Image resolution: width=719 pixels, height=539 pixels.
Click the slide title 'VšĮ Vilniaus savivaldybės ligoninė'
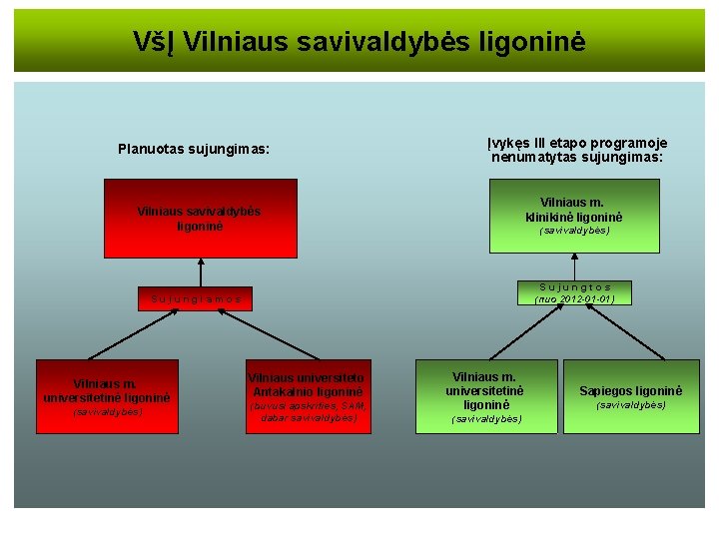click(359, 42)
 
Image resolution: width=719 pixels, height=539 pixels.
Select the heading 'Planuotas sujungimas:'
click(194, 150)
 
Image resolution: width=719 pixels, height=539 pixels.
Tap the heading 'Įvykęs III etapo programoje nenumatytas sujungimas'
click(577, 150)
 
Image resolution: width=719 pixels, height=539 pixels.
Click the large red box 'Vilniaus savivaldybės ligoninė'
click(201, 219)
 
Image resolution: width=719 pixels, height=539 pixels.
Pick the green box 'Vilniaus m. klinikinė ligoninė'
click(574, 216)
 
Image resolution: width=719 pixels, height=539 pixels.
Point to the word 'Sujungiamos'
click(197, 297)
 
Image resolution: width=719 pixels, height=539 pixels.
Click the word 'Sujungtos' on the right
click(574, 286)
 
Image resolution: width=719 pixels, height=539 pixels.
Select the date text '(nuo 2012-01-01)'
click(574, 298)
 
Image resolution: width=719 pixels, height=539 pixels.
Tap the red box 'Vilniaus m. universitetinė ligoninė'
click(107, 395)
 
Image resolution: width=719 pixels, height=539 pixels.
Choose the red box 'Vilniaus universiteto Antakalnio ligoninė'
click(309, 395)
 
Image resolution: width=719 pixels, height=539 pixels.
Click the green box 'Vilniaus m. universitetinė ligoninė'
click(486, 395)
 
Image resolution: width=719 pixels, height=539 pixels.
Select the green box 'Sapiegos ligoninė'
click(631, 395)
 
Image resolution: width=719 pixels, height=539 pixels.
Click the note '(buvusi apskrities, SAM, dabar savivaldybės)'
click(309, 411)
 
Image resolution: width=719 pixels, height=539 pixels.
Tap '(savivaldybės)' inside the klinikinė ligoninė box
click(574, 231)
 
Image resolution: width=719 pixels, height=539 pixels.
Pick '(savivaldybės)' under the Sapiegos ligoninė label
click(631, 405)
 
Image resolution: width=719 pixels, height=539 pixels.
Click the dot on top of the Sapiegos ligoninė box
click(663, 357)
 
